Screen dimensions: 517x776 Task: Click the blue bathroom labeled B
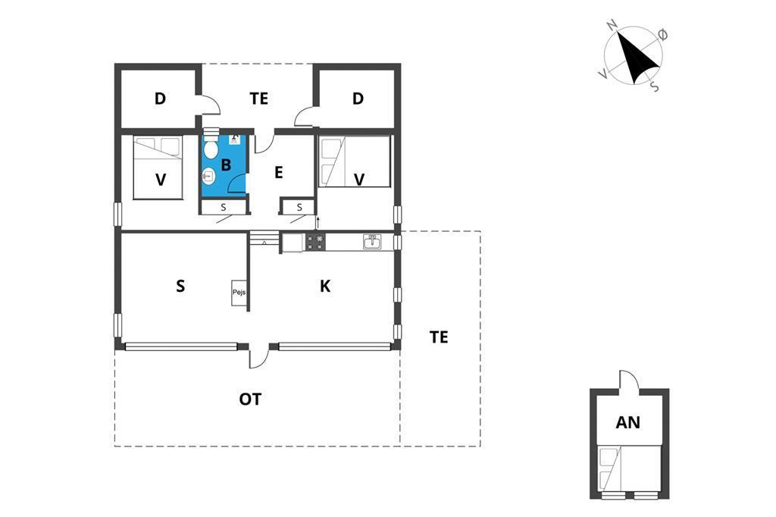224,164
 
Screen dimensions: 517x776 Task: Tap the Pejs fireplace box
239,293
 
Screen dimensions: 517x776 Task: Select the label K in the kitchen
324,286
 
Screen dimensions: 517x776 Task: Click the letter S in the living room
180,286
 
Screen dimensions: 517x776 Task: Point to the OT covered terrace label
250,399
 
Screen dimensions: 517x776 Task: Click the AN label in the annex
627,423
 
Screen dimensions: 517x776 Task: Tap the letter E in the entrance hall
278,173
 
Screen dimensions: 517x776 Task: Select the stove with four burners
315,243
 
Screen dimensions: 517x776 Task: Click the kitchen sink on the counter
372,242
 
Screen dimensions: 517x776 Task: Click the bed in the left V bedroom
158,168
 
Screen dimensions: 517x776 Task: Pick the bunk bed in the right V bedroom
354,161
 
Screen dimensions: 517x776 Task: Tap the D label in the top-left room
160,99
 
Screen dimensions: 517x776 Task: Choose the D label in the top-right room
358,99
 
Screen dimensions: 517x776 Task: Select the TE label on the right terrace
439,337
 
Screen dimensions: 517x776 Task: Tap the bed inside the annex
628,468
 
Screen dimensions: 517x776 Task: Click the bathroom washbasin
209,177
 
